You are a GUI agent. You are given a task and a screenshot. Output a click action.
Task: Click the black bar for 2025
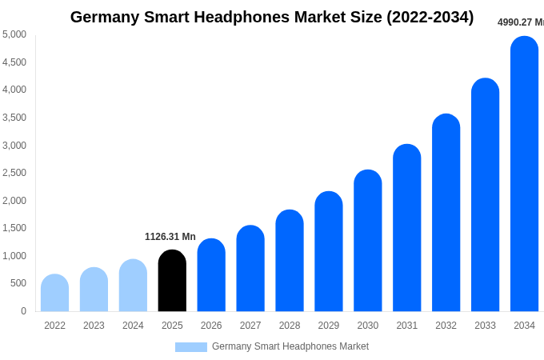pyautogui.click(x=172, y=281)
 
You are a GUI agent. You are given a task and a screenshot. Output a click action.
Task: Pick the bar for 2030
pyautogui.click(x=368, y=241)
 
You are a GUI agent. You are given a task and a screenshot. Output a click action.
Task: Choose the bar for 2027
pyautogui.click(x=250, y=269)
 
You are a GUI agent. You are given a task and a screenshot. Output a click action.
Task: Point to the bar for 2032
pyautogui.click(x=446, y=213)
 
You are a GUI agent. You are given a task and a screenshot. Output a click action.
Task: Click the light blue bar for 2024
pyautogui.click(x=133, y=286)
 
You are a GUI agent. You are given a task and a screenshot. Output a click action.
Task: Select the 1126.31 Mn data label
pyautogui.click(x=170, y=237)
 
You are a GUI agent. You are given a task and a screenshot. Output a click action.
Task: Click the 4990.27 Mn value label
pyautogui.click(x=520, y=22)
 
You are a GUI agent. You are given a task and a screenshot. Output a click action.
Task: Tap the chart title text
pyautogui.click(x=272, y=17)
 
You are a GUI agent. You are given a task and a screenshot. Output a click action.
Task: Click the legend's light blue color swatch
pyautogui.click(x=191, y=347)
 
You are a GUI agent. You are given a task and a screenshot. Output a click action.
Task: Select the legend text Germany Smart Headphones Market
pyautogui.click(x=290, y=346)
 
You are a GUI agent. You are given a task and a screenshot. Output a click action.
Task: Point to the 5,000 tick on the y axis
pyautogui.click(x=14, y=34)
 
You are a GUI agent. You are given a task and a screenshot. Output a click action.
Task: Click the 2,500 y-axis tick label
pyautogui.click(x=14, y=173)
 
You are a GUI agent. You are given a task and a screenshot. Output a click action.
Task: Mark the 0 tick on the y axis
pyautogui.click(x=23, y=311)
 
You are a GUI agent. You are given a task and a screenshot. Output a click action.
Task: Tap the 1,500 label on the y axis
pyautogui.click(x=14, y=228)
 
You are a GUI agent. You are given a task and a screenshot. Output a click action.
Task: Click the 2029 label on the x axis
pyautogui.click(x=329, y=326)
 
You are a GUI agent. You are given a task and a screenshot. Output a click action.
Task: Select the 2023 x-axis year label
pyautogui.click(x=94, y=326)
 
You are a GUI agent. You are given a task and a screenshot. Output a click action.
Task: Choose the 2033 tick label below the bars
pyautogui.click(x=485, y=326)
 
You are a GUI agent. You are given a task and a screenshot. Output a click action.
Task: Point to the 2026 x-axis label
pyautogui.click(x=211, y=326)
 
